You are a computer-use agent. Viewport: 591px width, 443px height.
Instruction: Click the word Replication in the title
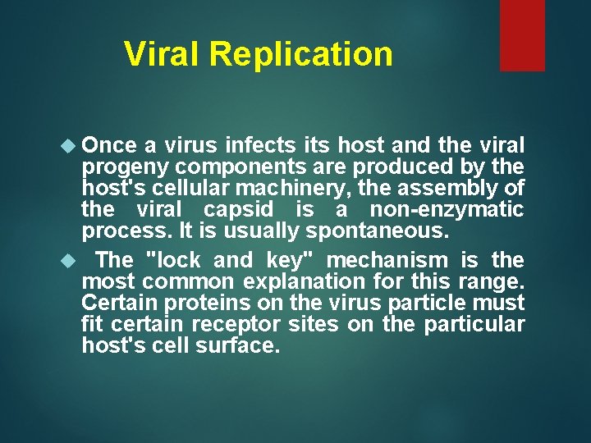tap(301, 54)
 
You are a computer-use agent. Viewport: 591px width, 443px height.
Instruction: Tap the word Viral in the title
tap(163, 54)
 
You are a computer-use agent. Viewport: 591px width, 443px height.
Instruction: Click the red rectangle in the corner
tap(522, 34)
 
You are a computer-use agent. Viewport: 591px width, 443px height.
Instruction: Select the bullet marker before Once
tap(69, 146)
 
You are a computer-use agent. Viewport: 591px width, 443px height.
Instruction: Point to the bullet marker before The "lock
tap(69, 261)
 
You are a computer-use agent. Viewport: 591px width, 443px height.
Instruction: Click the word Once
tap(110, 146)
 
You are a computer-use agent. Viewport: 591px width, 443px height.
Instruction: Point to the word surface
tap(238, 346)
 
